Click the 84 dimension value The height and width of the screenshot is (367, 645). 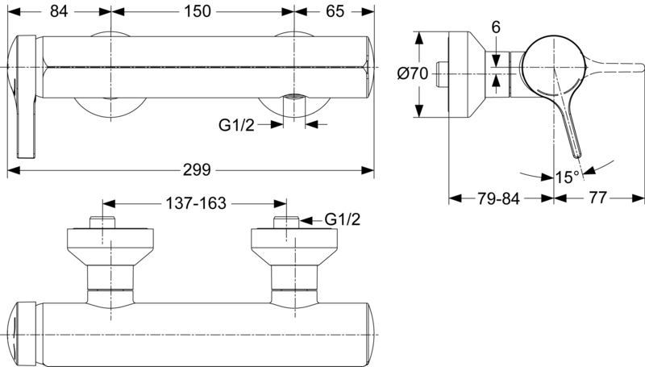(x=59, y=11)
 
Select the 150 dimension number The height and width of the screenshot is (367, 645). (x=198, y=11)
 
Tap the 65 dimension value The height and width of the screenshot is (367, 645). (x=335, y=11)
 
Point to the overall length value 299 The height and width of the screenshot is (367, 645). (x=197, y=169)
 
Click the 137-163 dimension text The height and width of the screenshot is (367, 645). (x=196, y=203)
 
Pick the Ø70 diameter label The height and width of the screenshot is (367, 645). (x=413, y=73)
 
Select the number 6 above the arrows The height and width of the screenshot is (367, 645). (x=496, y=27)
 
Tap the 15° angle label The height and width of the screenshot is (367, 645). (x=568, y=177)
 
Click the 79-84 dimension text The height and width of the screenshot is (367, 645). (x=498, y=198)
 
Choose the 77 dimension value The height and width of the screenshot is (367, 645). (x=597, y=198)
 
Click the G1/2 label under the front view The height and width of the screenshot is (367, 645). (x=236, y=125)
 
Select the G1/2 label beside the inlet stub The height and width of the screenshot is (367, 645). (x=342, y=219)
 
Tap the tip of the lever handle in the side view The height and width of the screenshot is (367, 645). (x=577, y=155)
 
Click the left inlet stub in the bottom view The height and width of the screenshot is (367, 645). (x=102, y=222)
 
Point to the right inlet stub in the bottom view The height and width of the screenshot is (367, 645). (x=286, y=222)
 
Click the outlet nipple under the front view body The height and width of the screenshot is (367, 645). (x=294, y=107)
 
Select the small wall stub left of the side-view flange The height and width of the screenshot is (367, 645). (x=442, y=74)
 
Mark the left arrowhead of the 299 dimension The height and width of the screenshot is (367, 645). (x=14, y=170)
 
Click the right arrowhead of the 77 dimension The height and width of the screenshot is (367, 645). (x=638, y=198)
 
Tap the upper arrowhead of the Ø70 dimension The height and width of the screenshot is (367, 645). (x=418, y=38)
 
